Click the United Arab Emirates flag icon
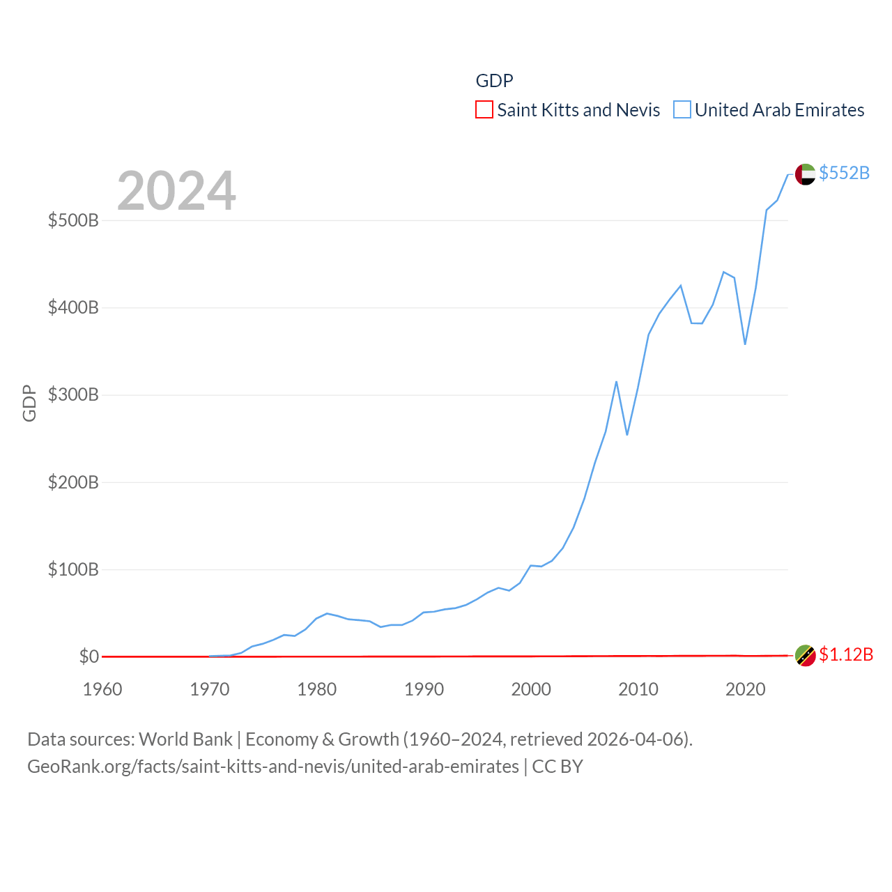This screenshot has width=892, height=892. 805,174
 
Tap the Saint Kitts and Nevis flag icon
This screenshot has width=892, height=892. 805,656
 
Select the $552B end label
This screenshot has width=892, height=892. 844,173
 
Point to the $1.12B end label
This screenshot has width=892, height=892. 846,655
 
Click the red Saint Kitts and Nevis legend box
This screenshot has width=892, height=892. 484,110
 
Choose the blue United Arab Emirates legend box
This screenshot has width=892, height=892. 682,110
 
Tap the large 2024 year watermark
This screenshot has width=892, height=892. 176,191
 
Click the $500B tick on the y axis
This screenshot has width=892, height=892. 73,221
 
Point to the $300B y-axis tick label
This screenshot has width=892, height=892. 73,395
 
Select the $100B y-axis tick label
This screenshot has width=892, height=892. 73,570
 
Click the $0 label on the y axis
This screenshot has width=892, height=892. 89,656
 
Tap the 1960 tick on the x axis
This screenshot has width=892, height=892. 102,689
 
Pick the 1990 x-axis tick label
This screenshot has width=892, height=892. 424,689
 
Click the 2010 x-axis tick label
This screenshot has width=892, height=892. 638,689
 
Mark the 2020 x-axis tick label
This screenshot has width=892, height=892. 746,689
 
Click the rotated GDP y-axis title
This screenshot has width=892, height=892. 29,403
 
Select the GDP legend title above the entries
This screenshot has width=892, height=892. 494,81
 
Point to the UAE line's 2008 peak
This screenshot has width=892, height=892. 617,382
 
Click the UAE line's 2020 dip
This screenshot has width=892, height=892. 745,344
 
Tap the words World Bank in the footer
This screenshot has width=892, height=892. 185,739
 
